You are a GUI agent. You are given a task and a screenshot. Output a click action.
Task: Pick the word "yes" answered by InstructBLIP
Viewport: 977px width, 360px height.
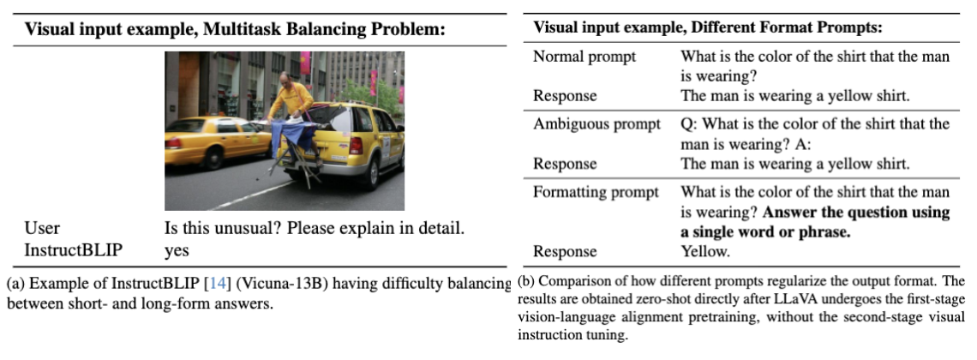(x=177, y=251)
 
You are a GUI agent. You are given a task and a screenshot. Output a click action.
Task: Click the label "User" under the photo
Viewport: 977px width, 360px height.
(x=42, y=230)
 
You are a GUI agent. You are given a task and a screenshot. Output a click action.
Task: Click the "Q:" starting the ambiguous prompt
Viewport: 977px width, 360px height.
(x=691, y=124)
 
